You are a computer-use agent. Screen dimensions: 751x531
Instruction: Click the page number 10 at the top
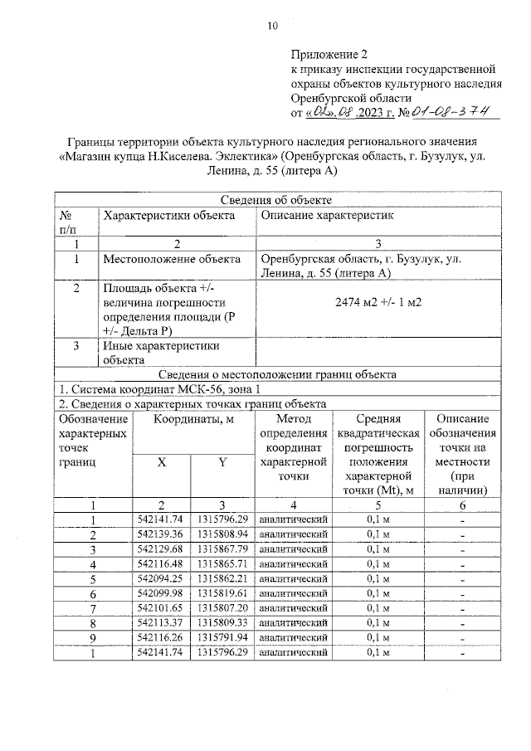point(272,26)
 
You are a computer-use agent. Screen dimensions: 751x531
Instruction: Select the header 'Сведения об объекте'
point(278,200)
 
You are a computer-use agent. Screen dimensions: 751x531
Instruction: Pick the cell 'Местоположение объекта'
point(172,259)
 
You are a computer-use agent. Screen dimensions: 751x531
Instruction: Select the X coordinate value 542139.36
point(162,534)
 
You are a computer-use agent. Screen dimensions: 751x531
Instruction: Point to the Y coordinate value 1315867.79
point(222,549)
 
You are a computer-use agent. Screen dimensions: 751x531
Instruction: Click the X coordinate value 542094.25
point(162,578)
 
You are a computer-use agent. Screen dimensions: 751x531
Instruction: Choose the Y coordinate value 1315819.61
point(222,593)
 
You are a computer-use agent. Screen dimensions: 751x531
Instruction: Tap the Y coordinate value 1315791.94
point(222,637)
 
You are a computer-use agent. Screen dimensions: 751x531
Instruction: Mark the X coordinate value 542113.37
point(162,622)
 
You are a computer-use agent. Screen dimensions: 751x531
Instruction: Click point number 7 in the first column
point(94,608)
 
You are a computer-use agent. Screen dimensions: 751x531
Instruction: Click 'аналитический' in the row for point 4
point(293,563)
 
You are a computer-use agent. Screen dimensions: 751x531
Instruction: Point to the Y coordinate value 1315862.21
point(222,578)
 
